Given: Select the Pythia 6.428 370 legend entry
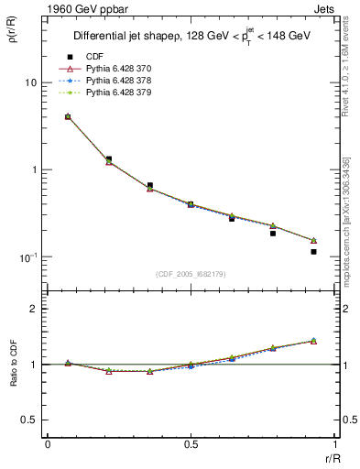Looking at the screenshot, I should click(x=115, y=69).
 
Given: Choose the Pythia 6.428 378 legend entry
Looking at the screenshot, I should click(x=115, y=81).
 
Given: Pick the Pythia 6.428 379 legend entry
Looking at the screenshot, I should click(x=115, y=93).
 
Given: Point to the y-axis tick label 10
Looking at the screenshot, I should click(x=29, y=82).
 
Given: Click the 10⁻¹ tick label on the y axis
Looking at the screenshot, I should click(x=27, y=256).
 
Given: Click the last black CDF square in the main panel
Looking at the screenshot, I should click(x=313, y=251).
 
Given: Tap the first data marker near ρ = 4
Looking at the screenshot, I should click(x=68, y=117).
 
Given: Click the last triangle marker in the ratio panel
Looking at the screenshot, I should click(x=313, y=341).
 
